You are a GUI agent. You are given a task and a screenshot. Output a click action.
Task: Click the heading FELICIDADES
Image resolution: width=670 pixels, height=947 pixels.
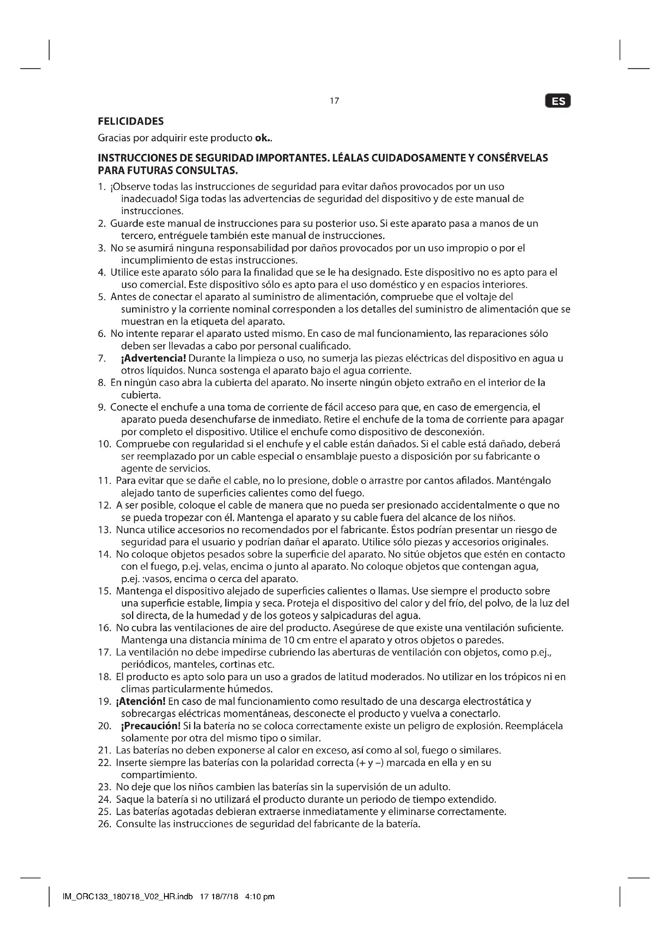coord(130,121)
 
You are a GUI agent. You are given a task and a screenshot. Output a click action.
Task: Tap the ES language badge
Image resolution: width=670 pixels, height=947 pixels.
coord(558,101)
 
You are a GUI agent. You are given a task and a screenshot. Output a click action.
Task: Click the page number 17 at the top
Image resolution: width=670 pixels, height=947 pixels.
coord(334,101)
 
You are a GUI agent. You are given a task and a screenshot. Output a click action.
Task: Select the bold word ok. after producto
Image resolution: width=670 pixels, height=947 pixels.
coord(263,138)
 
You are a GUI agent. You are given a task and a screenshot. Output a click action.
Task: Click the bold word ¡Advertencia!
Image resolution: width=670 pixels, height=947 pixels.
coord(153,358)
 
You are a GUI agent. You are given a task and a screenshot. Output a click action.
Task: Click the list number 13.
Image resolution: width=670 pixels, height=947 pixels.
coord(105,530)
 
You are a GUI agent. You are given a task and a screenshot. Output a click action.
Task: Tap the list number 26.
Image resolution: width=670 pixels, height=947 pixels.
coord(105,824)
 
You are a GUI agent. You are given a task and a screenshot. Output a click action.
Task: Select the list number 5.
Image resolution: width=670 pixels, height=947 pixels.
coord(102,297)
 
